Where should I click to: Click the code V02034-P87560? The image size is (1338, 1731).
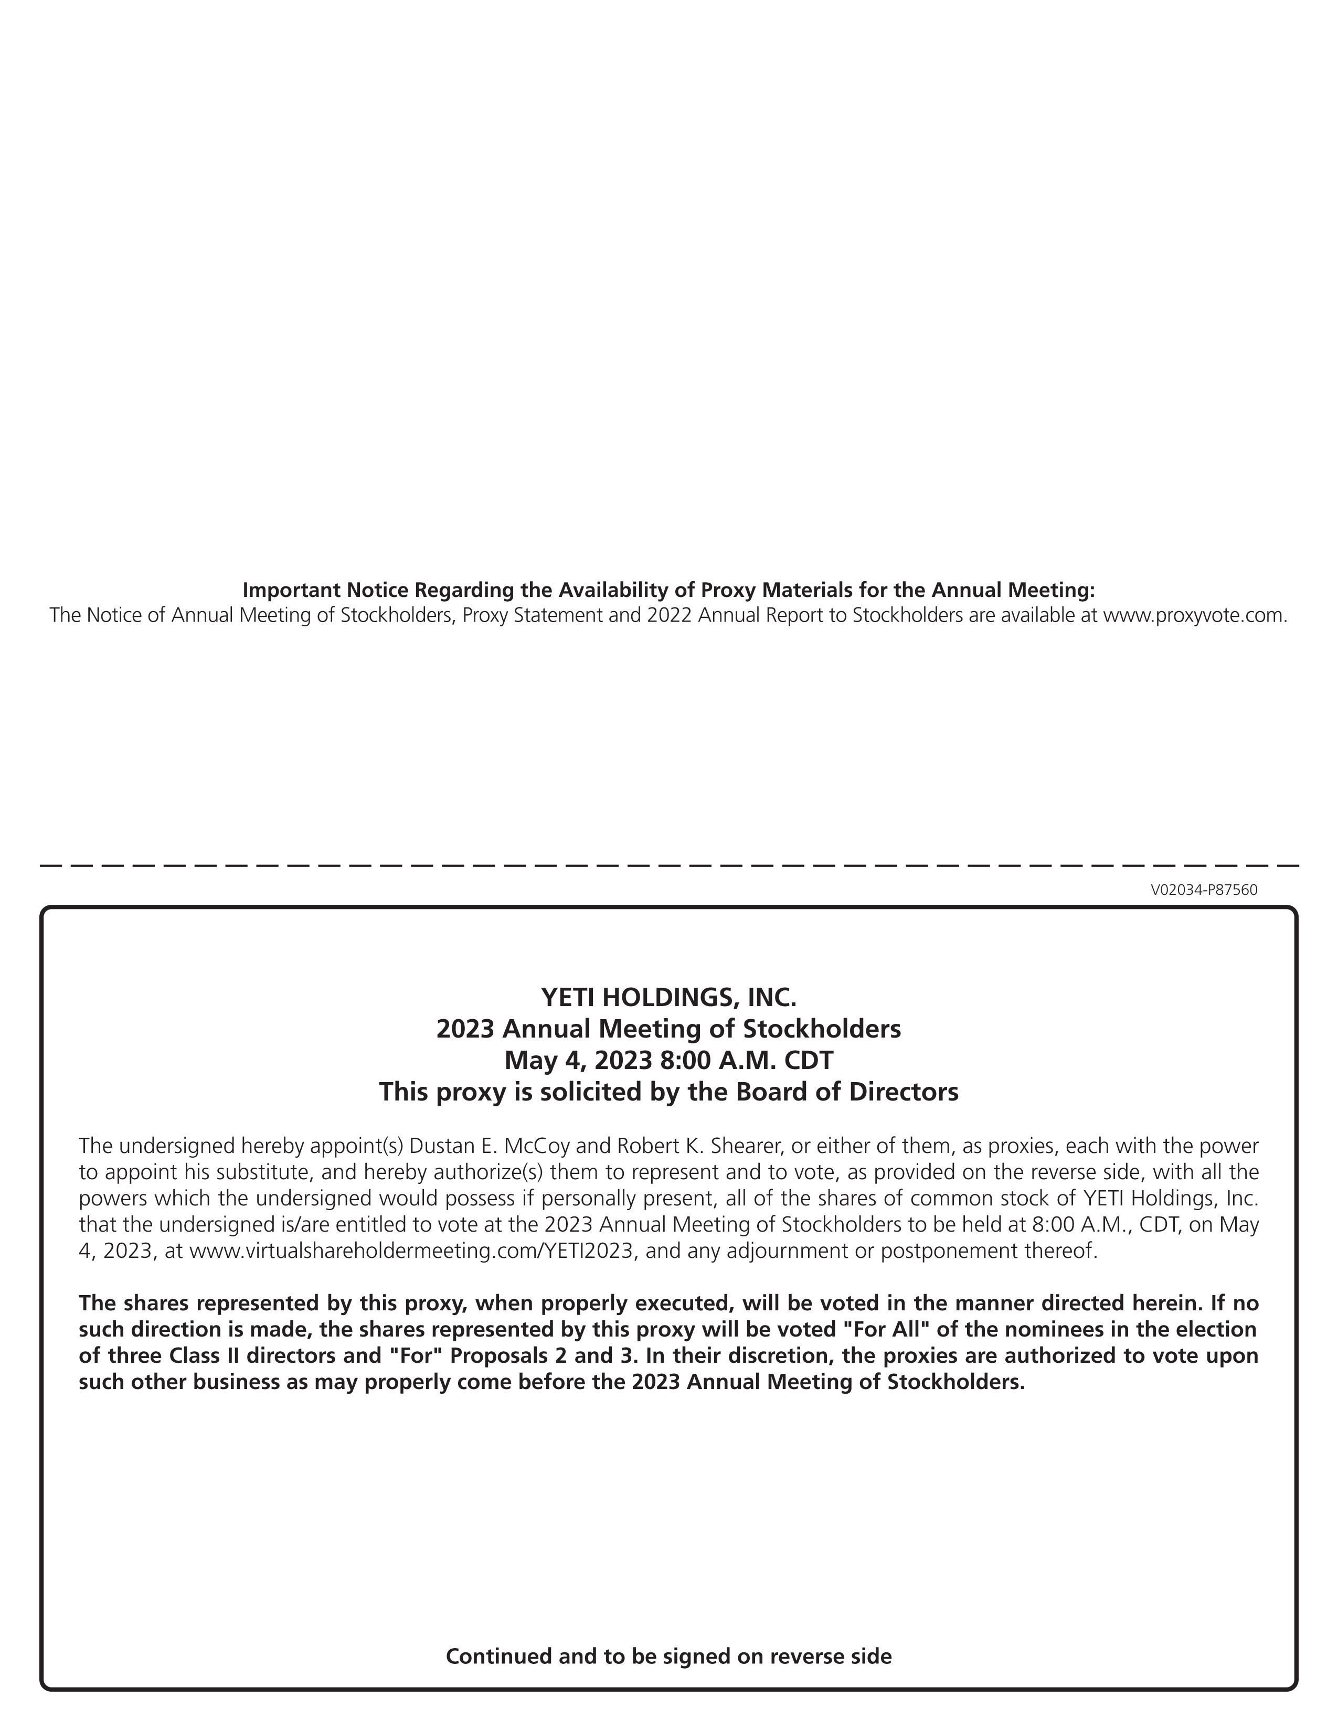click(1203, 889)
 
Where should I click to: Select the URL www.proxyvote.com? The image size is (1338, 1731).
click(1195, 615)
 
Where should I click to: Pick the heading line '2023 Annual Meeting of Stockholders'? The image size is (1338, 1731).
click(668, 1028)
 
